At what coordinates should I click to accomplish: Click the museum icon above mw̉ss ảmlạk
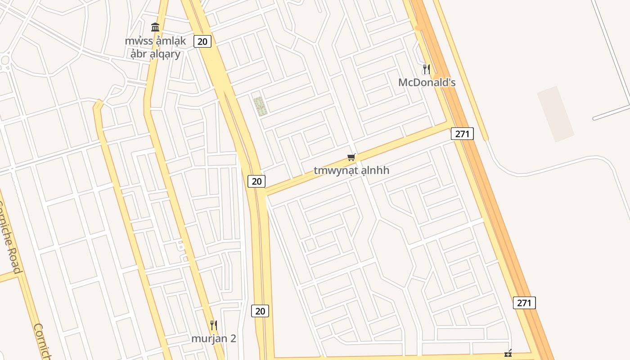[x=155, y=27]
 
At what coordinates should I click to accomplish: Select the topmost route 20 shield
[x=202, y=41]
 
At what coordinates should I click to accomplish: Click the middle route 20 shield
[x=256, y=181]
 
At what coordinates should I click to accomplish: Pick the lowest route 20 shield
[x=260, y=311]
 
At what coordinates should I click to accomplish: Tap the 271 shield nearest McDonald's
[x=462, y=134]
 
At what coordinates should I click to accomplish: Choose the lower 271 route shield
[x=524, y=303]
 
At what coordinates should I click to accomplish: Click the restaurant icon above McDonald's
[x=426, y=69]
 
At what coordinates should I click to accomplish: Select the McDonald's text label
[x=427, y=83]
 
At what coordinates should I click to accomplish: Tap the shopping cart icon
[x=351, y=157]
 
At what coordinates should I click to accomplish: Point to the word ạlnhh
[x=375, y=171]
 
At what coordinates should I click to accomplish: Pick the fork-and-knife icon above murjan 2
[x=214, y=325]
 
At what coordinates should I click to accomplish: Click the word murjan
[x=207, y=338]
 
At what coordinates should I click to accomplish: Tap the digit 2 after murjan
[x=233, y=338]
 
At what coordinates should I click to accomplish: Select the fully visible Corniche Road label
[x=12, y=237]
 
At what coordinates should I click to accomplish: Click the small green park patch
[x=259, y=107]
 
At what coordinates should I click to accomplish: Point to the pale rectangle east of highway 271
[x=555, y=114]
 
